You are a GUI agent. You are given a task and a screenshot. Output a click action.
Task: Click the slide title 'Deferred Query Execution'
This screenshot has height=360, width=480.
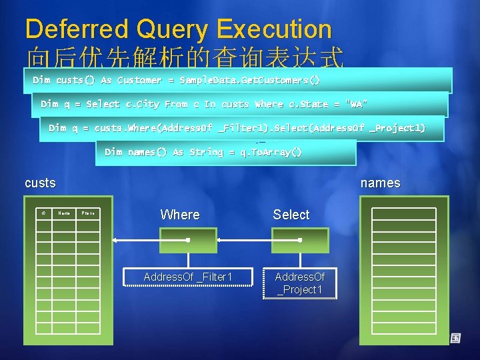coord(178,29)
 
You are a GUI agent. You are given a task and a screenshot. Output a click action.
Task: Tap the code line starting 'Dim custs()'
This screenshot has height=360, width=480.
coord(177,80)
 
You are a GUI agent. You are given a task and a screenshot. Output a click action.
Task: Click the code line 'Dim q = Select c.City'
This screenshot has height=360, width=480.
coord(203,104)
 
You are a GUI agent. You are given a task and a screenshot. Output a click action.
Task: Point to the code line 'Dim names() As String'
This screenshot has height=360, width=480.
coord(203,152)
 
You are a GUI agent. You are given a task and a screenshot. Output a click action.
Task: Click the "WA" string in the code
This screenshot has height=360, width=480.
coord(356,104)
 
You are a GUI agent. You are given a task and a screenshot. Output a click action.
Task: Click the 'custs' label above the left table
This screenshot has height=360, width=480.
coord(40,183)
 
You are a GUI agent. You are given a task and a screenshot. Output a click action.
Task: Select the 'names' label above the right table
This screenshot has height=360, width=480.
coord(380,183)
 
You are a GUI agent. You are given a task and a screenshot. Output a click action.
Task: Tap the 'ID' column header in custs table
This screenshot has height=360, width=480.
coord(43,213)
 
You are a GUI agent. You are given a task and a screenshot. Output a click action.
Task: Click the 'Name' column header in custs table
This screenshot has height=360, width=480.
coord(64,213)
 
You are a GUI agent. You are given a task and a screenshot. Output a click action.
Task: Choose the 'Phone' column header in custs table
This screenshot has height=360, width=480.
coord(87,213)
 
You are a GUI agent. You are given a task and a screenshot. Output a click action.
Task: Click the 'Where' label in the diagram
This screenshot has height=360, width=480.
coord(180,215)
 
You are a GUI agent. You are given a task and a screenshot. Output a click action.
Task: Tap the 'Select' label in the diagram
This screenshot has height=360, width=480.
coord(291,215)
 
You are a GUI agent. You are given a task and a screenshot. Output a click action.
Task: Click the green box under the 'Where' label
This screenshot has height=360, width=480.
coord(188,240)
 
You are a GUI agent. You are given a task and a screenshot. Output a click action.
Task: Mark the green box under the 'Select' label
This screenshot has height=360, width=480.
coord(300,240)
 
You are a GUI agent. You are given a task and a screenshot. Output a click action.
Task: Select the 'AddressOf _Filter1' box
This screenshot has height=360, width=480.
coord(188,277)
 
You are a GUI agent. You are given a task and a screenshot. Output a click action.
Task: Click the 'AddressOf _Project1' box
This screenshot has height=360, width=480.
coord(300,283)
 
